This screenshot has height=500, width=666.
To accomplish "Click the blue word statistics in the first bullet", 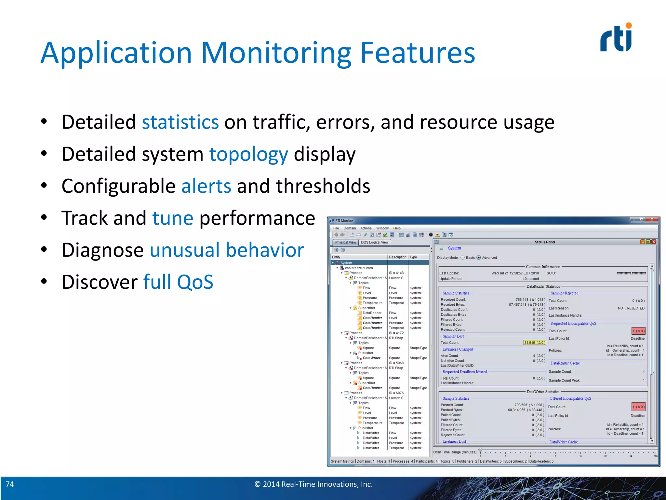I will tap(180, 122).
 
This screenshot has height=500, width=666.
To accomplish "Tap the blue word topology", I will tap(248, 154).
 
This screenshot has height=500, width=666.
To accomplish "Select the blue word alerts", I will tap(206, 186).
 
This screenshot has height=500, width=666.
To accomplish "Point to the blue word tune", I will tap(173, 218).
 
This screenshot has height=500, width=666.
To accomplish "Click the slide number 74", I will tap(10, 484).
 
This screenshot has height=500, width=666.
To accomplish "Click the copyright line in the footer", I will tap(313, 484).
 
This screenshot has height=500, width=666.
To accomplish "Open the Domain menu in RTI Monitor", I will tap(350, 228).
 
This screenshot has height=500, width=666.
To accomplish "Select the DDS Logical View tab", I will tap(375, 242).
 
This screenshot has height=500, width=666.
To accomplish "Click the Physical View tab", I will tap(345, 242).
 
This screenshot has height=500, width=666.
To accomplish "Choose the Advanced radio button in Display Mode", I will tap(478, 257).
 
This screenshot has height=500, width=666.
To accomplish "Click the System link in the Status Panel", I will tap(454, 248).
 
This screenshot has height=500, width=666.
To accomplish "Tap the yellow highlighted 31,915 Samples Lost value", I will tap(535, 342).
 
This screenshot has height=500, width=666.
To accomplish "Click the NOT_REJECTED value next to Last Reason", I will tap(631, 308).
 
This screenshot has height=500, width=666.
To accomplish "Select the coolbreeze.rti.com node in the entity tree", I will tap(359, 268).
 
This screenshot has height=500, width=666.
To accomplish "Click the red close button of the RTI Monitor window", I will tap(652, 220).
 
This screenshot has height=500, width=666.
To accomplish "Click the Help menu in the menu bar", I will tap(397, 228).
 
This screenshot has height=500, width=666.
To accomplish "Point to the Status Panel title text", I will tap(545, 242).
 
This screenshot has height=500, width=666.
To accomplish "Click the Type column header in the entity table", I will tap(413, 257).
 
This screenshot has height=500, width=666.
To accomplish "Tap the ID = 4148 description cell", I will tap(396, 273).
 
